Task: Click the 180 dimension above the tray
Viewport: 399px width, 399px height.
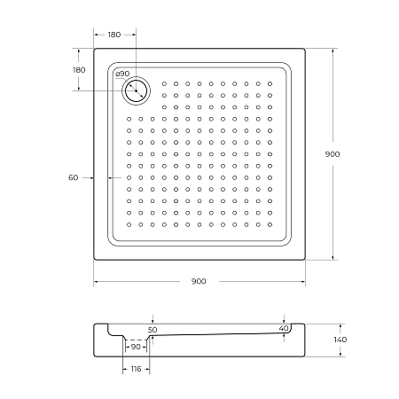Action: click(x=114, y=34)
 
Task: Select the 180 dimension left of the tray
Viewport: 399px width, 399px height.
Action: click(x=78, y=70)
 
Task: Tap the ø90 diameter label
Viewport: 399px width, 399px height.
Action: click(x=122, y=74)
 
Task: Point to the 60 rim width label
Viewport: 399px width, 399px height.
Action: click(x=74, y=177)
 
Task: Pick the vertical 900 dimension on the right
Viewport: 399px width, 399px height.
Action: click(x=332, y=153)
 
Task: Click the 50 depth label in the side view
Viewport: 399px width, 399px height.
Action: click(x=153, y=329)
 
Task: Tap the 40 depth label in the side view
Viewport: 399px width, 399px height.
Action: click(x=284, y=329)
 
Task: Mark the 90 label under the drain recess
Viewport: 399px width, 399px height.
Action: click(x=136, y=347)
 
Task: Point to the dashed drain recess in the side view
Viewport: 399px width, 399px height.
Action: click(x=136, y=339)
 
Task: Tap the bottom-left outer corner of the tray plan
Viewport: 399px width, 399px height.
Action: click(x=93, y=260)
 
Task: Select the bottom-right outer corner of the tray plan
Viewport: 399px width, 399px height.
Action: click(x=305, y=260)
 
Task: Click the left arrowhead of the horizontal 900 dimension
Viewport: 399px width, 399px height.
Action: click(x=96, y=281)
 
